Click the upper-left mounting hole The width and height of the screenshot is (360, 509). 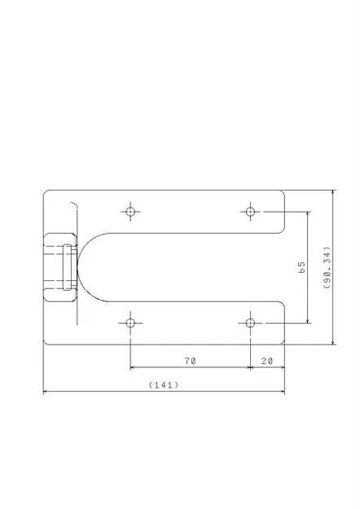[130, 212]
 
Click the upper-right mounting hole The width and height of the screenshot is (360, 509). [250, 212]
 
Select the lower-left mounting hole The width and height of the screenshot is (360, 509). [130, 323]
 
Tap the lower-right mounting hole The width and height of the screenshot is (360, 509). [250, 323]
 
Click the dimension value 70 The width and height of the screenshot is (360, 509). [189, 359]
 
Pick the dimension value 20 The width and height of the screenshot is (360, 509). [267, 359]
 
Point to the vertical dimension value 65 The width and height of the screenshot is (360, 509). [301, 266]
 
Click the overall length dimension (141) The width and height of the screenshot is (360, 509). [164, 384]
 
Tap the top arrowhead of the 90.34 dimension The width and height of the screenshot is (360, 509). [333, 194]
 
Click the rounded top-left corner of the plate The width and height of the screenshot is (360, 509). [46, 193]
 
